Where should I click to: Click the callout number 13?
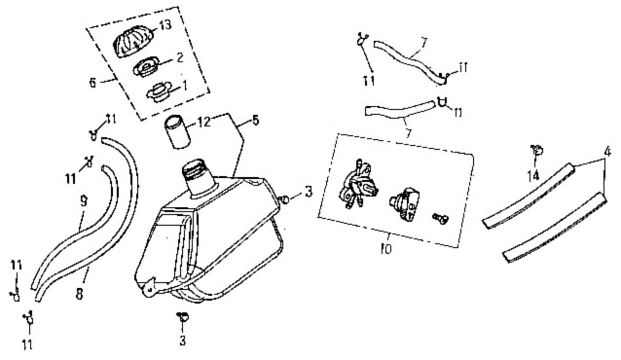point(164,25)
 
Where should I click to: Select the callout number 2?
point(180,57)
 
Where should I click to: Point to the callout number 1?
point(184,85)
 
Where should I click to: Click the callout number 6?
point(92,83)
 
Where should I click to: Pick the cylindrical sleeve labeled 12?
point(176,132)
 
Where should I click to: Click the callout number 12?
point(204,121)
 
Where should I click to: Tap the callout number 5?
point(255,120)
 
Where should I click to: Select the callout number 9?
point(83,202)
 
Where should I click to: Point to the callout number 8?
point(80,294)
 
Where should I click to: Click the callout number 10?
point(385,249)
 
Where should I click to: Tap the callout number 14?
point(534,175)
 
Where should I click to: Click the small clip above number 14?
point(536,150)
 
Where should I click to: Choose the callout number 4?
point(606,152)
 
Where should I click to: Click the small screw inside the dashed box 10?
point(440,217)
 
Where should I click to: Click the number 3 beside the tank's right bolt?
point(309,193)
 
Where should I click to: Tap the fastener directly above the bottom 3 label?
point(183,316)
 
